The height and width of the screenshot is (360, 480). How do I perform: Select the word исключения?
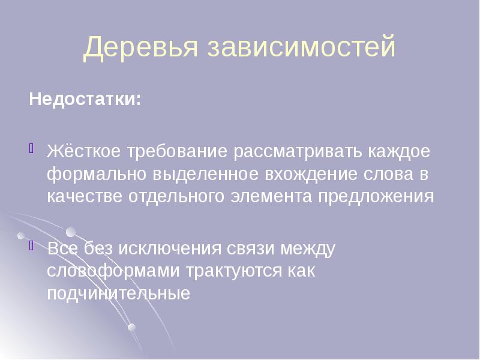pos(169,248)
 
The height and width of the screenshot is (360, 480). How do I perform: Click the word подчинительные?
pos(119,295)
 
